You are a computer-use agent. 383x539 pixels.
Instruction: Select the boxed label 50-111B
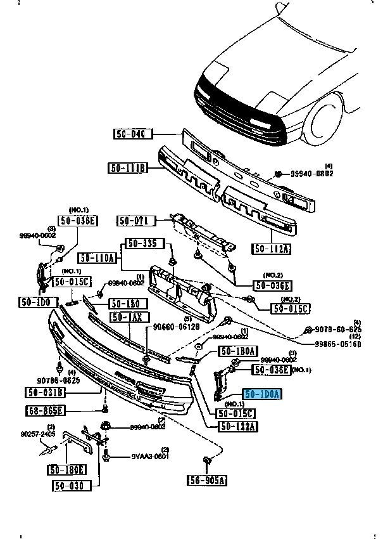click(128, 168)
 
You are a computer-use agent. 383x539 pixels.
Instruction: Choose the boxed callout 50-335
click(144, 244)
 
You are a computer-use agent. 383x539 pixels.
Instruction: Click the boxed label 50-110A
click(98, 257)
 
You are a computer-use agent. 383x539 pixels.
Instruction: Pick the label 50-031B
click(46, 393)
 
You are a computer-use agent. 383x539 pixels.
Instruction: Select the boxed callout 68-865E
click(46, 410)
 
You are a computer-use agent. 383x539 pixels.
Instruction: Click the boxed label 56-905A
click(207, 480)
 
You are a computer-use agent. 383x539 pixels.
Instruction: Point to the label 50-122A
click(239, 426)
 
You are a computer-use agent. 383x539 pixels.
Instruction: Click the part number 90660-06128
click(176, 327)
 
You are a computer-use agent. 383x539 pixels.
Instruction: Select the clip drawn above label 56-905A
click(206, 460)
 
